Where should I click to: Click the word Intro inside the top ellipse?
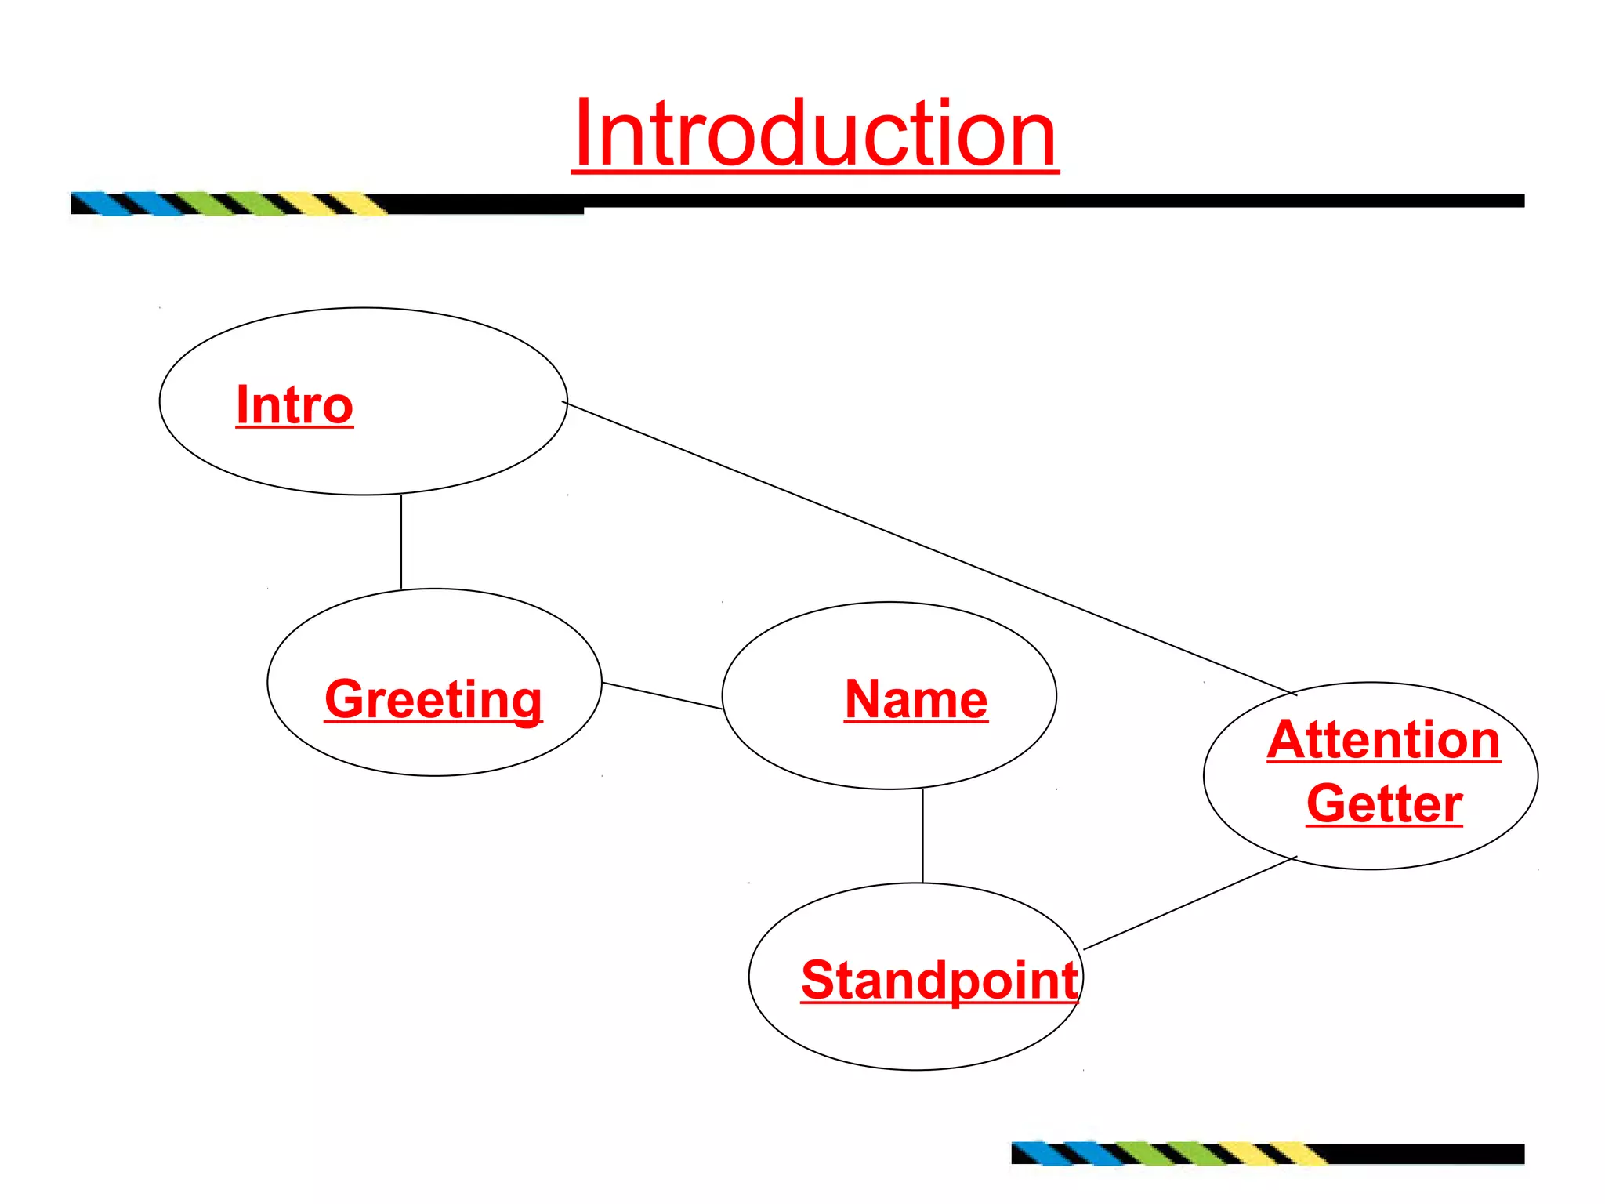pyautogui.click(x=295, y=405)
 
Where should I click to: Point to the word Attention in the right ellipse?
pyautogui.click(x=1383, y=740)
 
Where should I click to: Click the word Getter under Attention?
pyautogui.click(x=1384, y=803)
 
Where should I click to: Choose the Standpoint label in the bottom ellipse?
pyautogui.click(x=939, y=980)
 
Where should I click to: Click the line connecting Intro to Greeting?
pyautogui.click(x=401, y=541)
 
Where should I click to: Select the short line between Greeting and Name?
pyautogui.click(x=662, y=695)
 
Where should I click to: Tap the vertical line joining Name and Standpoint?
pyautogui.click(x=922, y=836)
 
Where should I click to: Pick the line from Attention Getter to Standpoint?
pyautogui.click(x=1190, y=903)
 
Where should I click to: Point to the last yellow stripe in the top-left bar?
pyautogui.click(x=360, y=204)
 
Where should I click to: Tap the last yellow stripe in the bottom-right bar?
pyautogui.click(x=1300, y=1154)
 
